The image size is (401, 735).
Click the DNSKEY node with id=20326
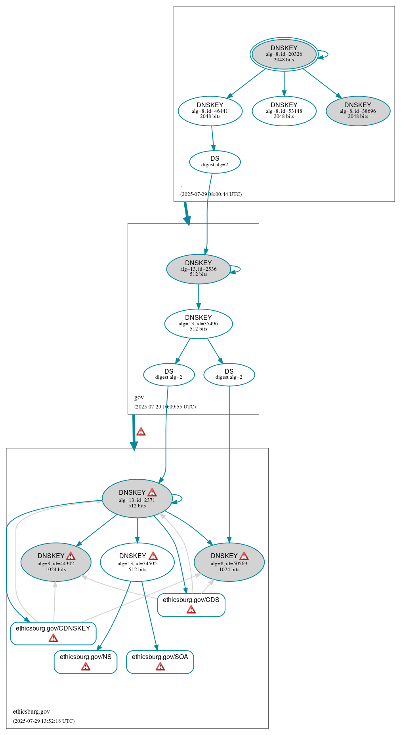click(x=284, y=54)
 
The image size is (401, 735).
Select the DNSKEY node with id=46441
click(x=210, y=111)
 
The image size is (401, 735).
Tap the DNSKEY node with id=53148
click(x=284, y=111)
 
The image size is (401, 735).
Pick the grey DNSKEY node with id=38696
click(x=358, y=111)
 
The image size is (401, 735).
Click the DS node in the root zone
click(x=215, y=162)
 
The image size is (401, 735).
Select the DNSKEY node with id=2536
click(x=198, y=269)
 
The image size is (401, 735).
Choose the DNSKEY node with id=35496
click(x=198, y=324)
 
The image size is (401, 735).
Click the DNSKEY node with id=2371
click(x=137, y=499)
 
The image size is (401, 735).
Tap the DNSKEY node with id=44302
click(x=56, y=562)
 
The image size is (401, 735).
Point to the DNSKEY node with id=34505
click(x=137, y=562)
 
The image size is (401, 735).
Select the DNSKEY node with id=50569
click(x=229, y=562)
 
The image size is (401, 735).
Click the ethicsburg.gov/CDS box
click(x=191, y=604)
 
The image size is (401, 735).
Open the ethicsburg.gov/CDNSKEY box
click(x=53, y=633)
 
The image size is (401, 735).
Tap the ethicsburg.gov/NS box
click(x=86, y=661)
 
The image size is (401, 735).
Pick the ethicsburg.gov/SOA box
click(x=160, y=661)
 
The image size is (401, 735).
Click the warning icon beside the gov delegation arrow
click(x=141, y=432)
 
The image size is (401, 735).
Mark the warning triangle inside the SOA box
click(x=160, y=667)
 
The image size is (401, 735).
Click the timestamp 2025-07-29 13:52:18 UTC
click(x=44, y=721)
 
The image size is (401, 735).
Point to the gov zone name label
click(x=139, y=397)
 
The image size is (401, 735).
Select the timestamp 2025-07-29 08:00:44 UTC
click(x=211, y=194)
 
